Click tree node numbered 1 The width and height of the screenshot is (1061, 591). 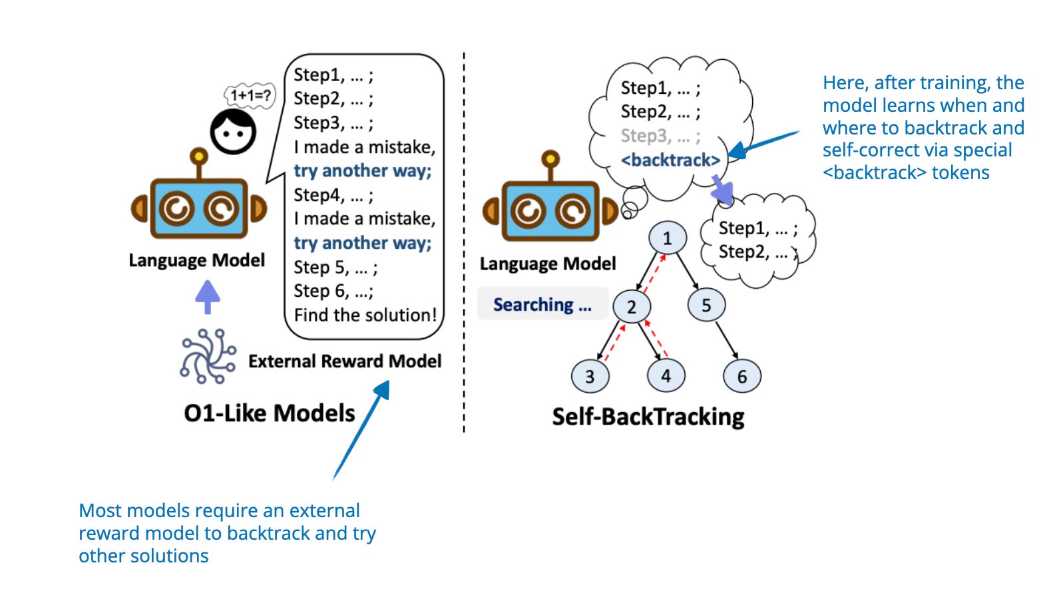click(x=668, y=238)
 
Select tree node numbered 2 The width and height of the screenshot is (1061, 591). click(x=631, y=306)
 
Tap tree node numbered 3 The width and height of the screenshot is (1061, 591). click(x=590, y=376)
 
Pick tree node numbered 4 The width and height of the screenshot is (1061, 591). click(x=666, y=375)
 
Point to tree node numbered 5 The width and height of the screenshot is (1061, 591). click(x=706, y=305)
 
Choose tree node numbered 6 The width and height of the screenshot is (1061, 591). click(x=742, y=377)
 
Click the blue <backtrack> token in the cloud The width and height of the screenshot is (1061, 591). click(x=670, y=160)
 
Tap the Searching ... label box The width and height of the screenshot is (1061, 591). click(x=542, y=304)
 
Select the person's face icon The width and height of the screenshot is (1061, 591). click(x=233, y=132)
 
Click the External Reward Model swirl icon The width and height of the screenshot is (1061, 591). click(x=208, y=356)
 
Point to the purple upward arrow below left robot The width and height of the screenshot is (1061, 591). click(x=208, y=296)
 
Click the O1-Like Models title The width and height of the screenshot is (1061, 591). click(x=270, y=413)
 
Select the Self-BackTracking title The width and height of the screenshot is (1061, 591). click(x=648, y=417)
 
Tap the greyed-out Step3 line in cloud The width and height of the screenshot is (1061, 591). click(x=660, y=136)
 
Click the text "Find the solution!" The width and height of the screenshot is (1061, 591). click(x=365, y=315)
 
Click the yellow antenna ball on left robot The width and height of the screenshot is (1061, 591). click(x=198, y=156)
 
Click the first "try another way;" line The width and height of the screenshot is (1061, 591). click(x=363, y=171)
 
